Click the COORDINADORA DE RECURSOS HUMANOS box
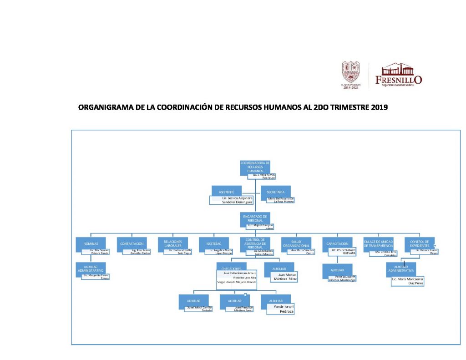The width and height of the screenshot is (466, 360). pos(255,167)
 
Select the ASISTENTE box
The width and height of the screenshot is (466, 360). pos(226,192)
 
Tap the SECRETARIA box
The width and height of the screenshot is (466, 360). pos(276,192)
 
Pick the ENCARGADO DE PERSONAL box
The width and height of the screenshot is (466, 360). pos(255,218)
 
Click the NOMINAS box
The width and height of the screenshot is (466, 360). pos(91,243)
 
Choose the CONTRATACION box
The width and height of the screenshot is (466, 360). pos(132,243)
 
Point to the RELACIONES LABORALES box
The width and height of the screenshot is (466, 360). pos(173,243)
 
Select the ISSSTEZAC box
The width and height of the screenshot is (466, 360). pos(214,243)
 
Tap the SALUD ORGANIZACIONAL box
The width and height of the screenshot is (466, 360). pos(296,243)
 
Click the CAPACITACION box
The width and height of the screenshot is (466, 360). pos(337,243)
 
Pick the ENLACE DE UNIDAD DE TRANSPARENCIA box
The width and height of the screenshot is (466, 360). pos(378,243)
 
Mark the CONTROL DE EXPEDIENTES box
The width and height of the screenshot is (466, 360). pos(419,243)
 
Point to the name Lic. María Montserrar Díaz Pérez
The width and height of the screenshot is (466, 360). pos(410,280)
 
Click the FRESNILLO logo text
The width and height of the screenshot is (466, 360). pos(399,80)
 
